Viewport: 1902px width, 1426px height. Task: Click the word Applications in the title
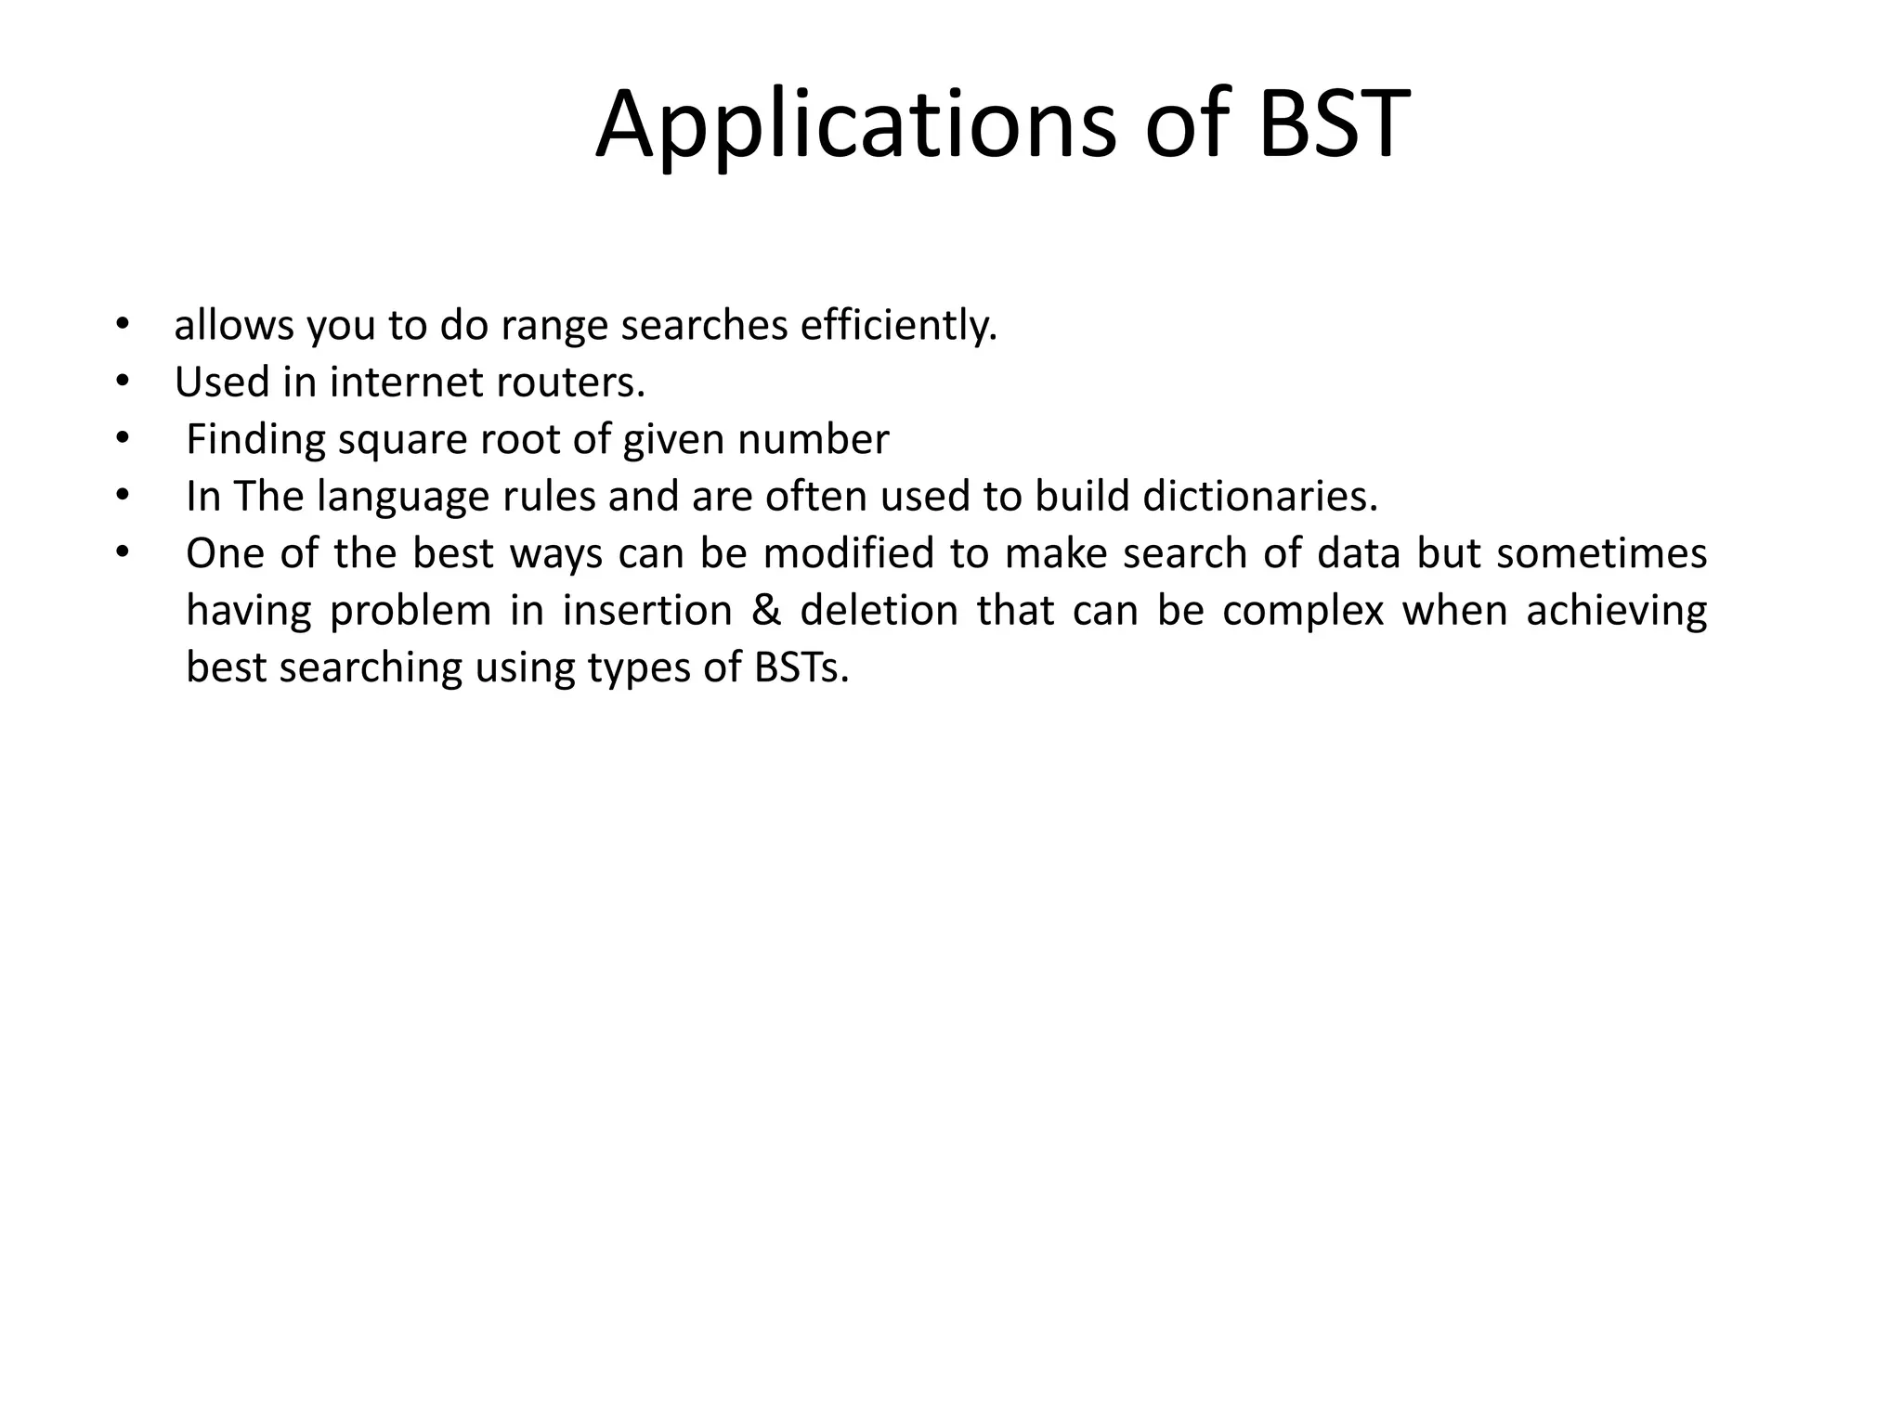click(x=854, y=125)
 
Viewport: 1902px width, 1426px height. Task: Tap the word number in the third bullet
click(x=813, y=440)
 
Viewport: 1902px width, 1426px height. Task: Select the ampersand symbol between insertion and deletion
click(x=766, y=611)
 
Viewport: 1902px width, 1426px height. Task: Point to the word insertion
click(x=647, y=611)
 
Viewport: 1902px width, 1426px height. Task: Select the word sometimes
click(x=1601, y=553)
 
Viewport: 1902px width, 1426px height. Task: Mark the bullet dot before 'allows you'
click(x=122, y=326)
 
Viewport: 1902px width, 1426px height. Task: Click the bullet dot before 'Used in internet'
click(x=122, y=382)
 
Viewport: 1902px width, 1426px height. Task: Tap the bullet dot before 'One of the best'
click(x=122, y=553)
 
